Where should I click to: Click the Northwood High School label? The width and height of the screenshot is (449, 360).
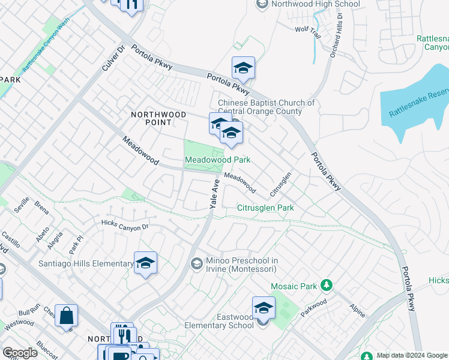tap(315, 4)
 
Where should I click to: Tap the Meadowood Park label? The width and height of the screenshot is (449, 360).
tap(217, 160)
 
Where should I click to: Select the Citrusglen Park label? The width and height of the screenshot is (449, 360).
tap(265, 208)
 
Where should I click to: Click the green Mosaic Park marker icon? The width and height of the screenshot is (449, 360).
tap(327, 284)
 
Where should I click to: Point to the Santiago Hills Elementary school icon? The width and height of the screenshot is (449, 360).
tap(145, 263)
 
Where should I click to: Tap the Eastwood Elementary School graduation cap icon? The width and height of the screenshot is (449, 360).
tap(263, 308)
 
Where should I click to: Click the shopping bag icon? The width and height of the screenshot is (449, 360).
tap(66, 315)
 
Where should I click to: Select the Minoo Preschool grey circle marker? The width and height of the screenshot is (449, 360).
tap(196, 263)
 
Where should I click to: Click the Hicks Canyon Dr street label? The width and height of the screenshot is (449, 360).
tap(125, 226)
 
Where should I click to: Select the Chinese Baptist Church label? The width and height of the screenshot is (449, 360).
tap(266, 107)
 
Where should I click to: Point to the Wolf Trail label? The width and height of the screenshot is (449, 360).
tap(308, 29)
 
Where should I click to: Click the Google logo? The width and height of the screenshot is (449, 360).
tap(20, 353)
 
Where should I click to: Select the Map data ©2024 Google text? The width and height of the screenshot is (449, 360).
tap(412, 355)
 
